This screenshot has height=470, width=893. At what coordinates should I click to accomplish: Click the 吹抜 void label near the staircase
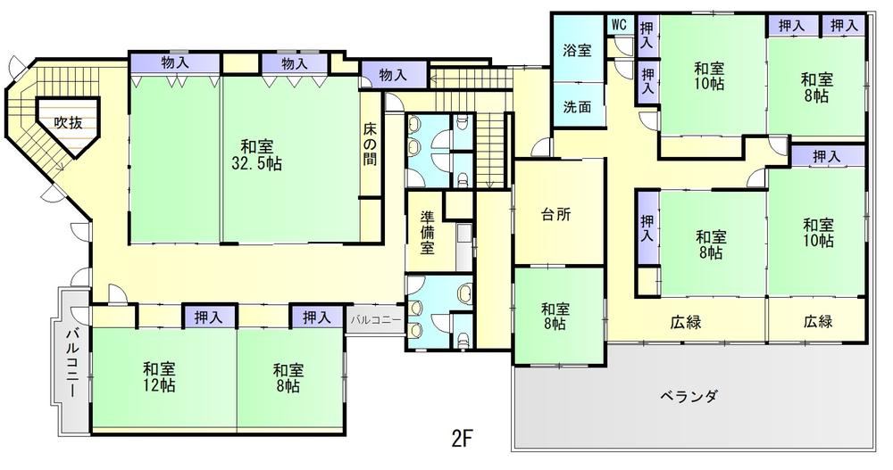pyautogui.click(x=69, y=123)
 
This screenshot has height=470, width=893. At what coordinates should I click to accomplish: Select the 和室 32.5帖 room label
pyautogui.click(x=256, y=154)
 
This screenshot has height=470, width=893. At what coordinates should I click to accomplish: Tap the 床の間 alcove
pyautogui.click(x=371, y=144)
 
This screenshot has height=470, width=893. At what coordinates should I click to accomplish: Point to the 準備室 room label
pyautogui.click(x=427, y=232)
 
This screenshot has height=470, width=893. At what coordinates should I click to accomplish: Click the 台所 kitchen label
pyautogui.click(x=555, y=215)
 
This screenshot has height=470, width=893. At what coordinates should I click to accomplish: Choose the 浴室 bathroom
pyautogui.click(x=578, y=50)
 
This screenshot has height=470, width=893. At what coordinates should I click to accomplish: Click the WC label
pyautogui.click(x=619, y=24)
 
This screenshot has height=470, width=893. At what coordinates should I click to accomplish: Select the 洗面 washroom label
pyautogui.click(x=578, y=106)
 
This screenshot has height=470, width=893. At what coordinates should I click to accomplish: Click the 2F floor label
pyautogui.click(x=463, y=438)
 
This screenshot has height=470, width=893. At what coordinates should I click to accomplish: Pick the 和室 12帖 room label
pyautogui.click(x=159, y=376)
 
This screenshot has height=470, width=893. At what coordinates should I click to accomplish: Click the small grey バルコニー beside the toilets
pyautogui.click(x=375, y=321)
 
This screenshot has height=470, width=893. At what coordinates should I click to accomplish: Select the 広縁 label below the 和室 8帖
pyautogui.click(x=685, y=323)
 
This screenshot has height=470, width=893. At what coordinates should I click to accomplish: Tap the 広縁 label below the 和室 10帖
pyautogui.click(x=818, y=322)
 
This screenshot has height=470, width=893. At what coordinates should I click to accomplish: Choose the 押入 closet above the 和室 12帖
pyautogui.click(x=209, y=317)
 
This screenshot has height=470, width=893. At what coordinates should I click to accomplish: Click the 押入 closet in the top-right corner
pyautogui.click(x=844, y=25)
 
